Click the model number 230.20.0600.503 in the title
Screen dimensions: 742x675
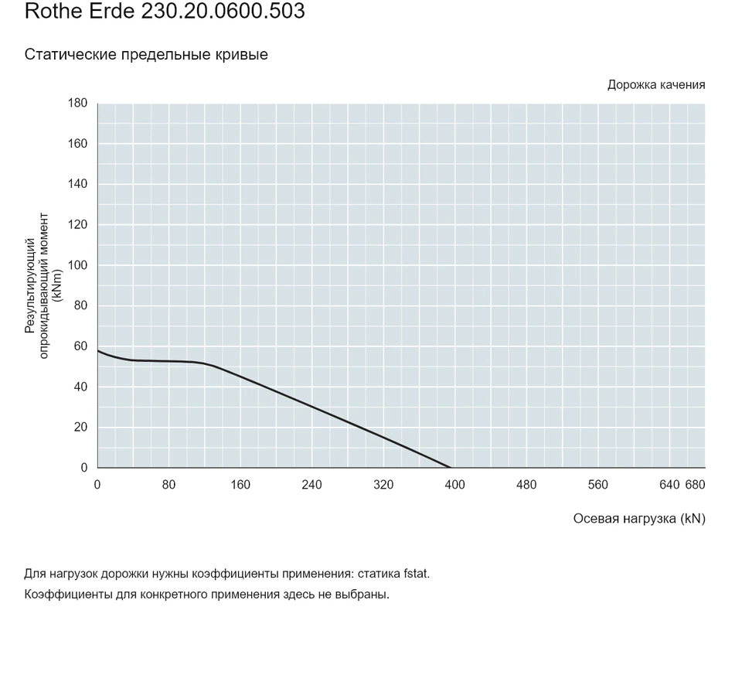click(x=223, y=11)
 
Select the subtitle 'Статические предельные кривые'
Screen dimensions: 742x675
click(x=146, y=54)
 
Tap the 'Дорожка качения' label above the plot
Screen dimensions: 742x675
click(x=656, y=85)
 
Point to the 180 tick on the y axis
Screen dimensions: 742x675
click(x=77, y=103)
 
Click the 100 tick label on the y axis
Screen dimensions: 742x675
click(x=77, y=265)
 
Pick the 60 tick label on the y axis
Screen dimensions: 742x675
click(x=81, y=346)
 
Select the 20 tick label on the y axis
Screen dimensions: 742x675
click(x=81, y=427)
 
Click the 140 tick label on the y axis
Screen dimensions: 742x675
click(x=77, y=184)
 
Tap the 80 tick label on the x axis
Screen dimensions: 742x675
click(x=168, y=485)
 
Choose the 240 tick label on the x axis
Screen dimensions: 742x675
click(x=311, y=485)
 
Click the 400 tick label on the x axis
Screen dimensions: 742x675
click(x=454, y=485)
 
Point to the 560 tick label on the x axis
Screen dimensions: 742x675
click(x=597, y=485)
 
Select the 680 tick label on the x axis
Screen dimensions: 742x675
click(x=695, y=485)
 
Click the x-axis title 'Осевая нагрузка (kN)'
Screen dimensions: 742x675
click(x=639, y=519)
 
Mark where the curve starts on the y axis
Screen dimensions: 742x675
click(x=98, y=350)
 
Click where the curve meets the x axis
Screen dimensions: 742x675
click(x=450, y=468)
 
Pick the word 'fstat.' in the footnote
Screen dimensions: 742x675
click(x=417, y=574)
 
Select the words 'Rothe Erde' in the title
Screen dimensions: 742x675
click(x=80, y=11)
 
